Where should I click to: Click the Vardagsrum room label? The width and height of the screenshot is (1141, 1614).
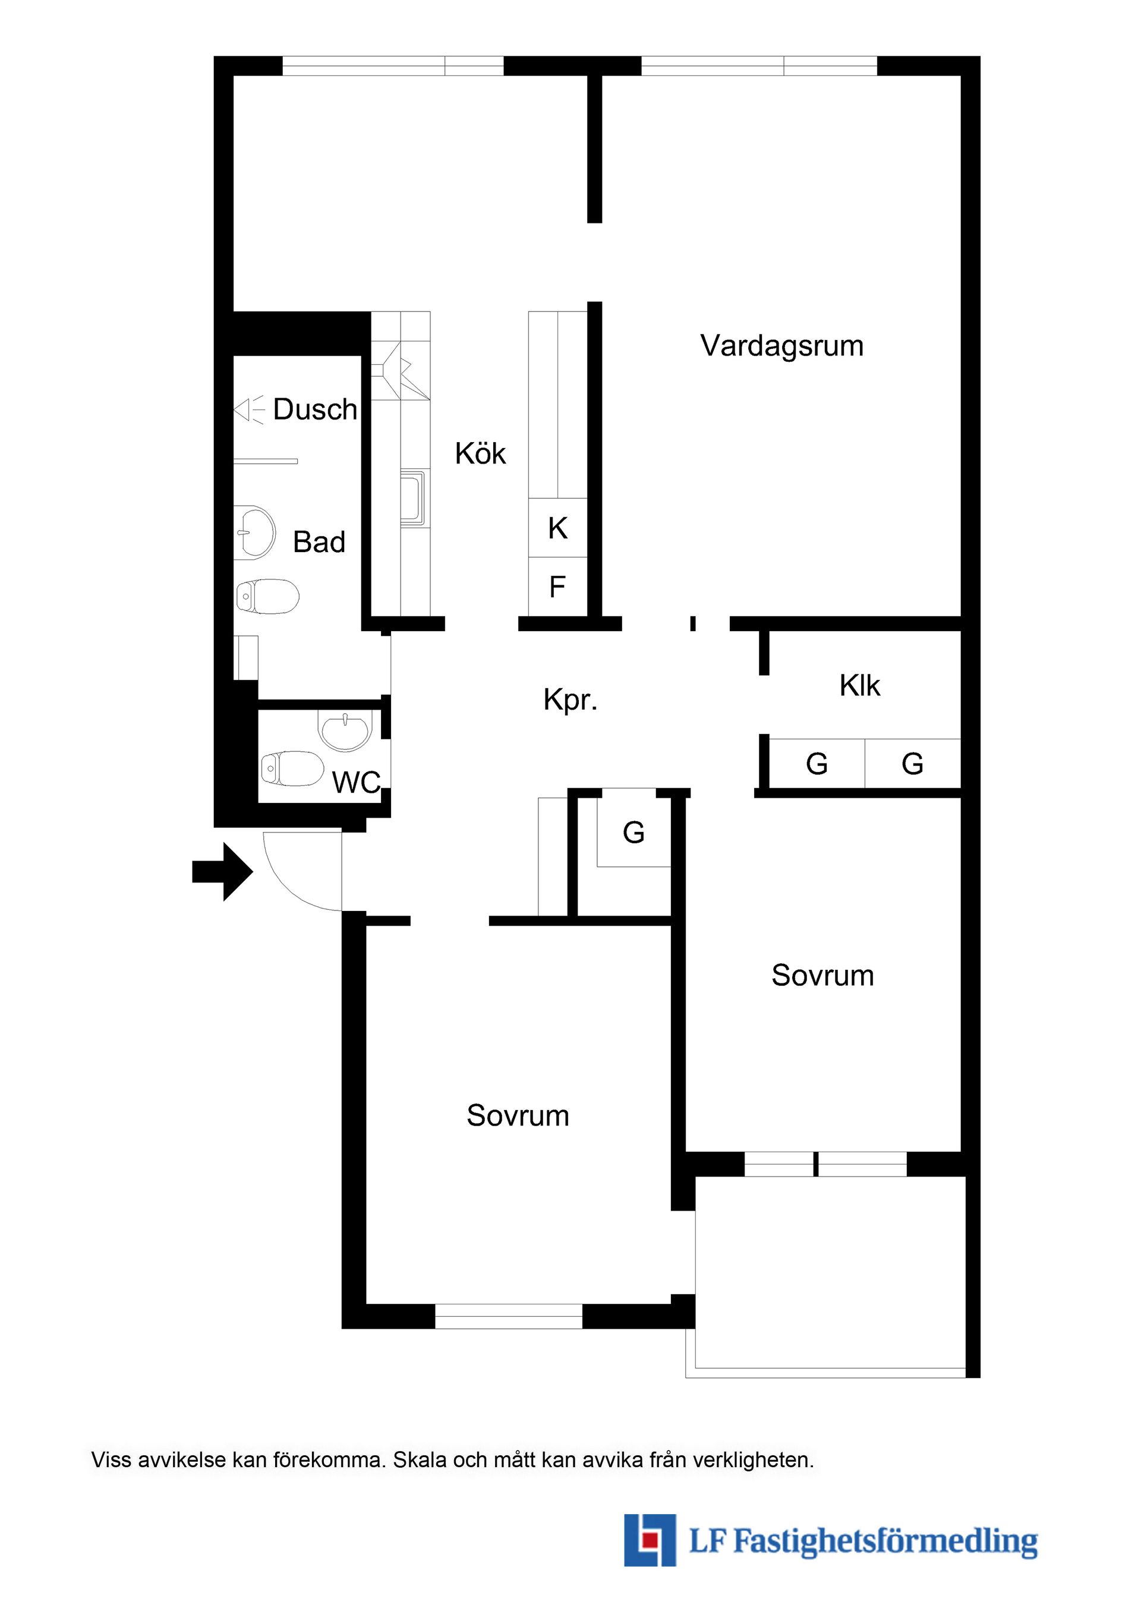pyautogui.click(x=781, y=346)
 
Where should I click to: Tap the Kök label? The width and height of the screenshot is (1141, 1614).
pyautogui.click(x=480, y=453)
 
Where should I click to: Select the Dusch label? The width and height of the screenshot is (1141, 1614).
pyautogui.click(x=315, y=409)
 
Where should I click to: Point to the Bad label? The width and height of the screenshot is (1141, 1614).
pyautogui.click(x=319, y=542)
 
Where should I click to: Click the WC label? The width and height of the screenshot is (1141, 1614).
pyautogui.click(x=357, y=783)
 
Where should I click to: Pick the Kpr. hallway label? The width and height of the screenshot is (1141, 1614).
pyautogui.click(x=570, y=700)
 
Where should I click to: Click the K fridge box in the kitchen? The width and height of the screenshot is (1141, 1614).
pyautogui.click(x=557, y=527)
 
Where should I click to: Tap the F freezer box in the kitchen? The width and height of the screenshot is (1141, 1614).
pyautogui.click(x=557, y=587)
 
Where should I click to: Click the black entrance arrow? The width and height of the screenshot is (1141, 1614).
pyautogui.click(x=222, y=872)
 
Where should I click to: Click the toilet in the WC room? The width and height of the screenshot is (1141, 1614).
pyautogui.click(x=292, y=768)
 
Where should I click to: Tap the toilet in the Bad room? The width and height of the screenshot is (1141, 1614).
pyautogui.click(x=267, y=597)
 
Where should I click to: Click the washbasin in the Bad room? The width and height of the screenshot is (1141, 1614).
pyautogui.click(x=254, y=532)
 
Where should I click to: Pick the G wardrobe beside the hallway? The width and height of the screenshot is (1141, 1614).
pyautogui.click(x=633, y=833)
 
